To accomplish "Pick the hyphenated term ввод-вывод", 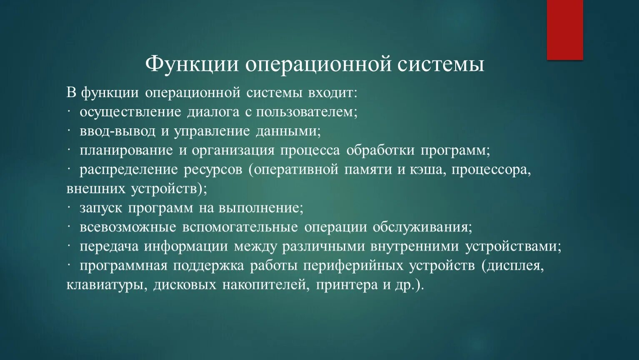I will pos(118,131).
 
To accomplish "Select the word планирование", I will pos(126,150).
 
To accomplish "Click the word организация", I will pos(233,150).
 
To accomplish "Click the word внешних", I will pos(96,189).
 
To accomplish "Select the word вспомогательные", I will pos(240,227).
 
